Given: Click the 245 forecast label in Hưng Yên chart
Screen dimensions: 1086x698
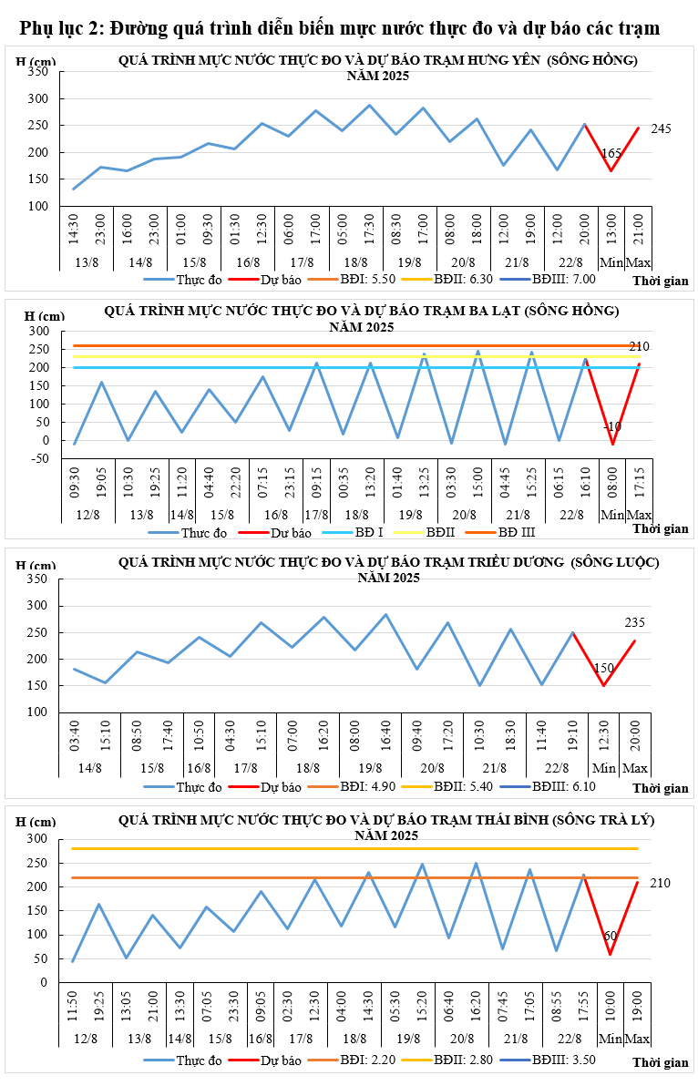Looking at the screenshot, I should click(661, 129).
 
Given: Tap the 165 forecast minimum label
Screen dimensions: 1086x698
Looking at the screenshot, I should click(611, 154).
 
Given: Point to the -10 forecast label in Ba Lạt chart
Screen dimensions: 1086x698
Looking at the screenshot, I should click(611, 426).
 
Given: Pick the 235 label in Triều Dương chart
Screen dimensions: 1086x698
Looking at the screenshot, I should click(635, 623).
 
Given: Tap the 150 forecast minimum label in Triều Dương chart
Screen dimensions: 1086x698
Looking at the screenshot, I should click(603, 668).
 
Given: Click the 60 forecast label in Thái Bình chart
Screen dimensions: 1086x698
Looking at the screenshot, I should click(611, 936).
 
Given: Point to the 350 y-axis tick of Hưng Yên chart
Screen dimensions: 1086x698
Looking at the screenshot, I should click(39, 71).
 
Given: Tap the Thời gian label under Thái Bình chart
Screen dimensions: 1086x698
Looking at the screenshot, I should click(660, 1062).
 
